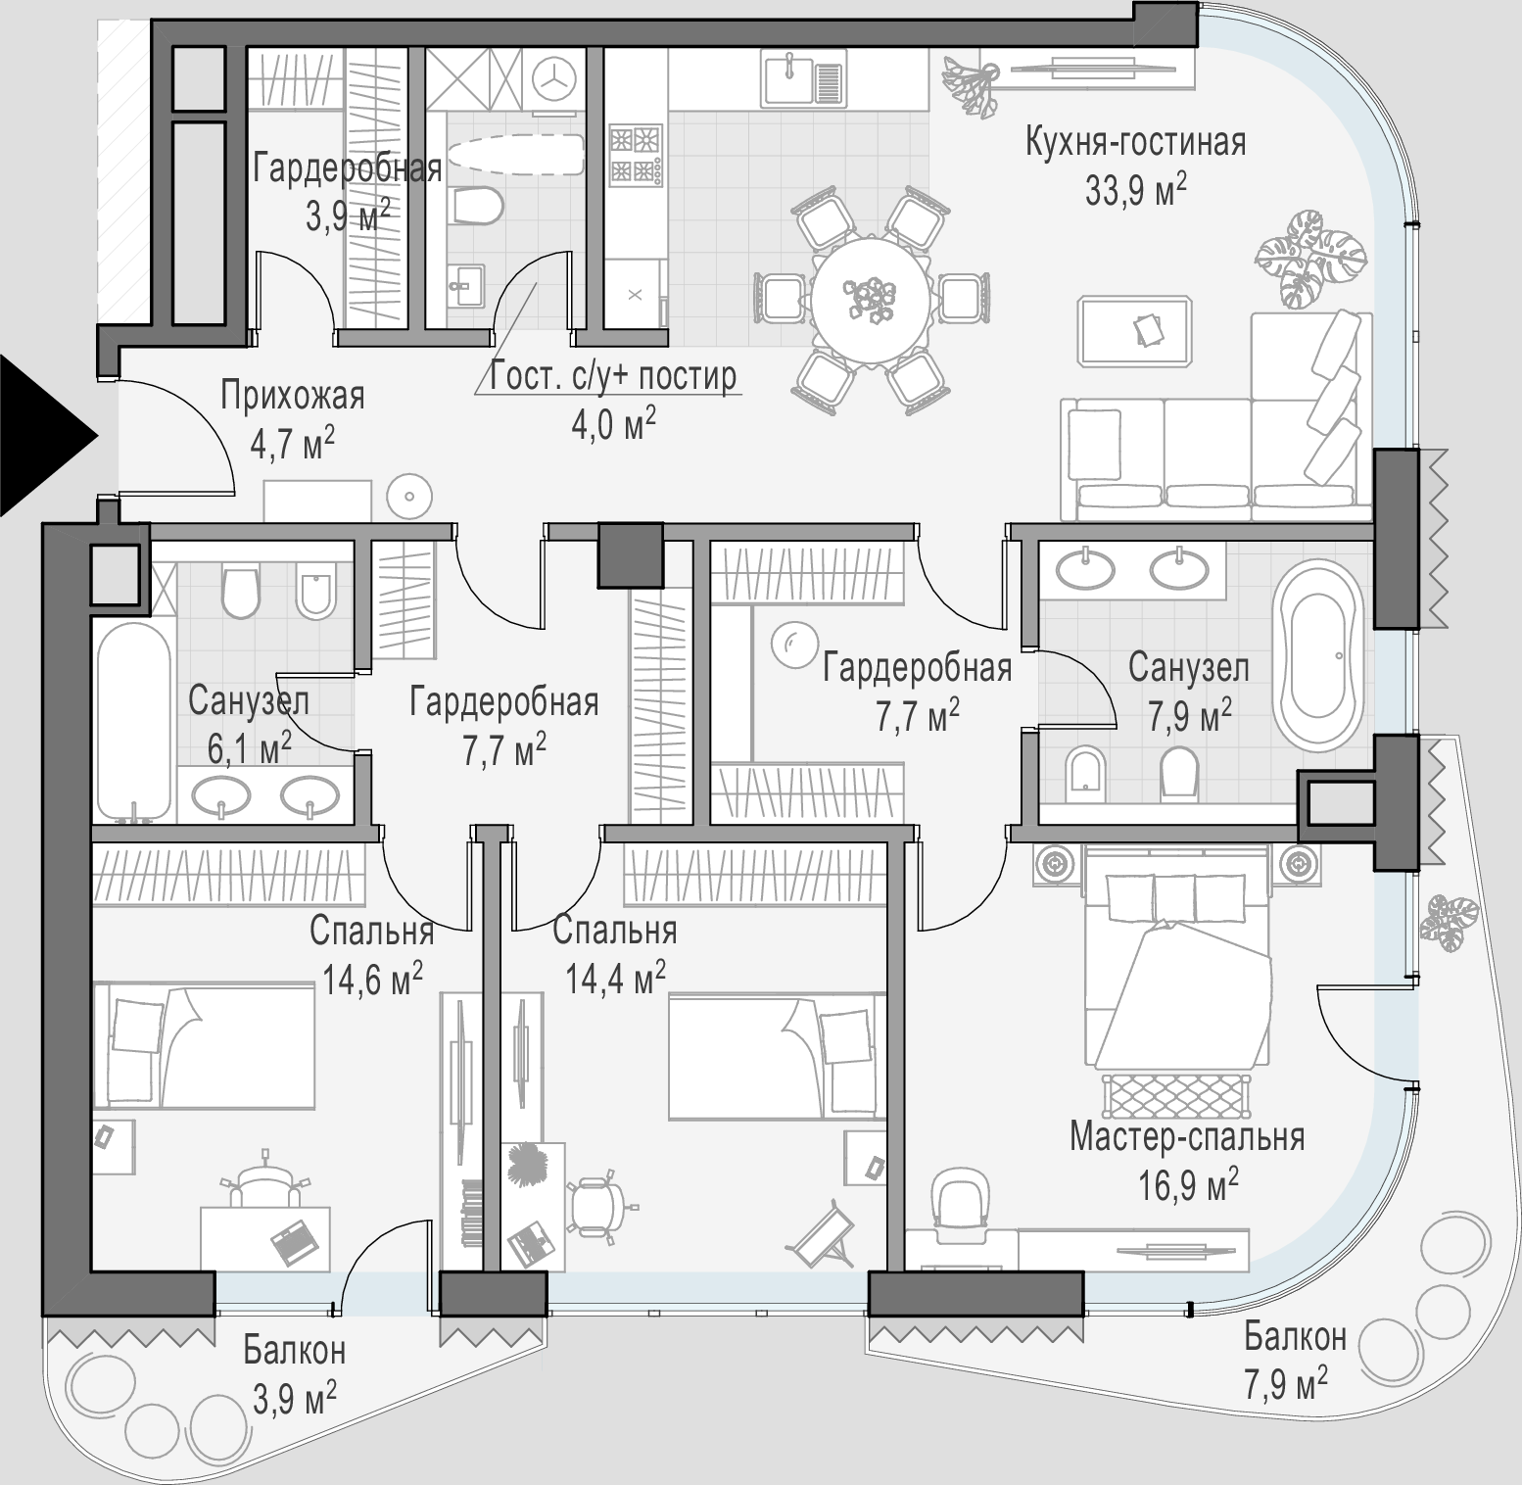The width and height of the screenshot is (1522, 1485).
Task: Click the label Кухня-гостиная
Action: (1135, 143)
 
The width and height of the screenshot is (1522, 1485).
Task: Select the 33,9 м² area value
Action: (1136, 189)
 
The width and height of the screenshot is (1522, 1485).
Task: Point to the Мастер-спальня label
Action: (1187, 1138)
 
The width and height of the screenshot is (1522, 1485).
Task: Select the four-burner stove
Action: (634, 155)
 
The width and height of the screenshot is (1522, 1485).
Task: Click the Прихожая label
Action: (292, 397)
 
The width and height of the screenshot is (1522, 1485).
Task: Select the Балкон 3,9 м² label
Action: (295, 1372)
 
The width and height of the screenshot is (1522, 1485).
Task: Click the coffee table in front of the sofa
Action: (1135, 331)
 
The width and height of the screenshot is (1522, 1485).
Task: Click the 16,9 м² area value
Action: (1188, 1186)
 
